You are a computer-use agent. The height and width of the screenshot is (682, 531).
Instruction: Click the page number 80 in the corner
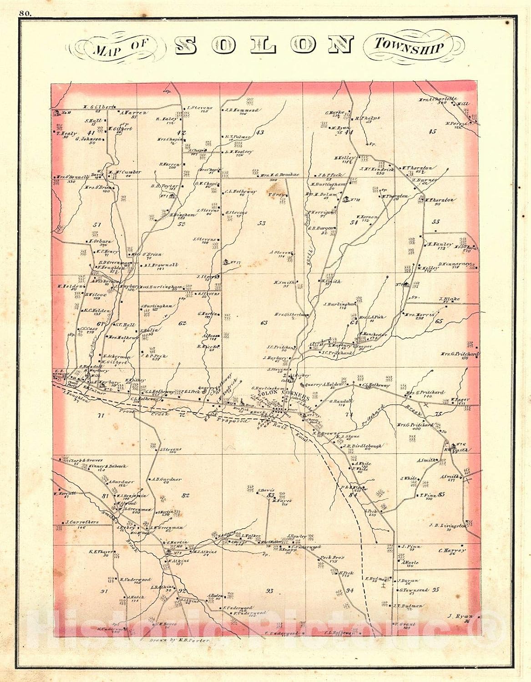pos(25,13)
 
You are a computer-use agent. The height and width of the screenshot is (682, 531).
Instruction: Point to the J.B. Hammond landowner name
pos(242,110)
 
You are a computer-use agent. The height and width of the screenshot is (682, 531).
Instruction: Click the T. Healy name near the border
pos(65,134)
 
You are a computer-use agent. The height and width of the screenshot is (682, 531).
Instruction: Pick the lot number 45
pos(432,132)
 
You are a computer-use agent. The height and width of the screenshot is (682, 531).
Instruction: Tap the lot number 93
pos(269,591)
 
